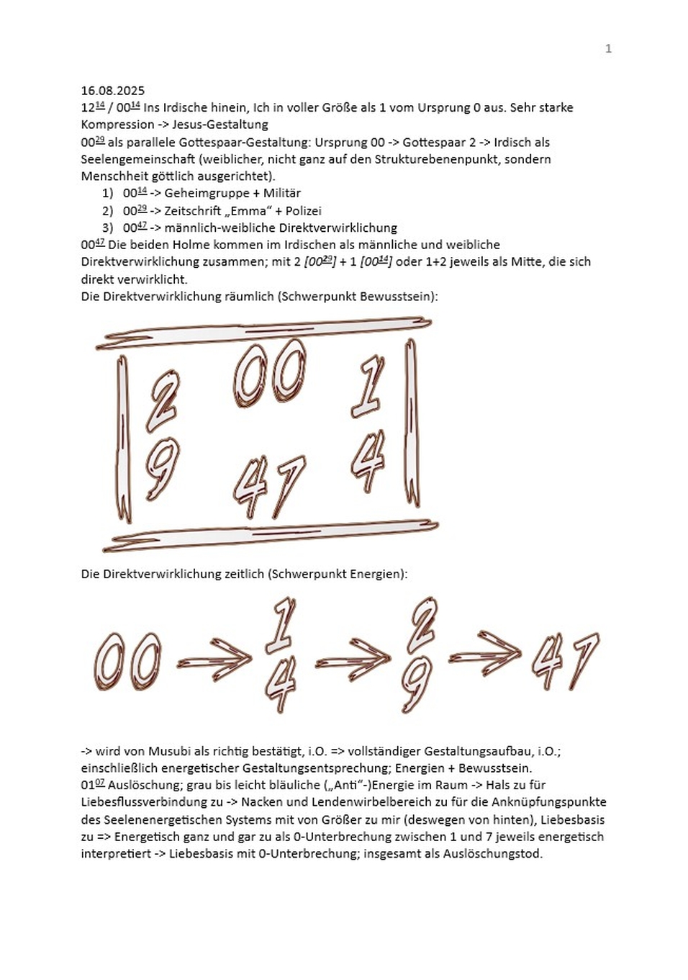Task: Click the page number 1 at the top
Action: [x=608, y=48]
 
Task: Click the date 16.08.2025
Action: [x=112, y=91]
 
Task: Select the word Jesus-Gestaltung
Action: [x=220, y=125]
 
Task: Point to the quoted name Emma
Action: [x=248, y=211]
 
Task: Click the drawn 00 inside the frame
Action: [x=270, y=373]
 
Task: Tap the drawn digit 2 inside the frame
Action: [x=163, y=400]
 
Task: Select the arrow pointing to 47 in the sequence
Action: [x=485, y=655]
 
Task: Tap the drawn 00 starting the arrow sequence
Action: [x=127, y=661]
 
